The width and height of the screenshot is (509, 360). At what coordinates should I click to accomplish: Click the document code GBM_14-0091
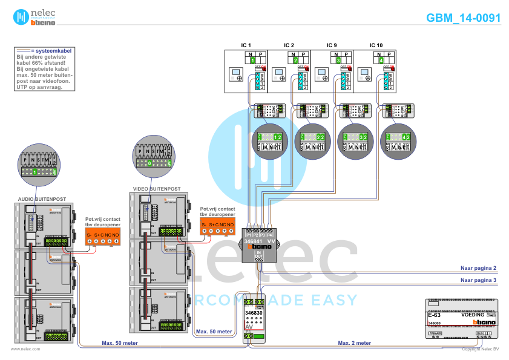[464, 18]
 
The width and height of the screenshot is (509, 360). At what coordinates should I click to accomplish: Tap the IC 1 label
[246, 45]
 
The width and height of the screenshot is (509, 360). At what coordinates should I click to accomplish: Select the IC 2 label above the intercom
[289, 45]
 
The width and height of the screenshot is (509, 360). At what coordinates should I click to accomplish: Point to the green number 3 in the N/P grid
[338, 61]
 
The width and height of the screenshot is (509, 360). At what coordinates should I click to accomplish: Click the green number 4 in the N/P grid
[381, 61]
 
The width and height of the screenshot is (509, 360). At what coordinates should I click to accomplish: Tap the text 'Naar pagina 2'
[478, 267]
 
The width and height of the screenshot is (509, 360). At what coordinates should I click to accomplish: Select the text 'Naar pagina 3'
[478, 280]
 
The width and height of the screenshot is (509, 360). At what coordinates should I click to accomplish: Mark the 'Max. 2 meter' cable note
[355, 343]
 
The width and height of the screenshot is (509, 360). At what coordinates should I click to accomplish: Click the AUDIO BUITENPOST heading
[42, 198]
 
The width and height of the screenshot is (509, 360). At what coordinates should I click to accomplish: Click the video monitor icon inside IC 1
[235, 76]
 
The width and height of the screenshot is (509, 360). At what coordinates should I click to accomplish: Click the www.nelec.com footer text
[25, 349]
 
